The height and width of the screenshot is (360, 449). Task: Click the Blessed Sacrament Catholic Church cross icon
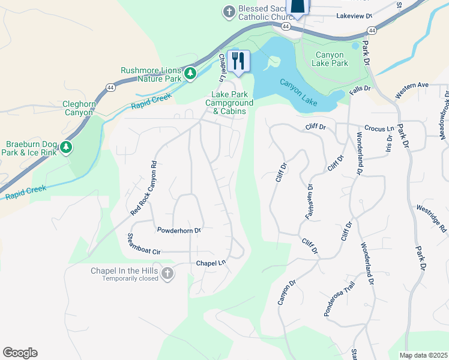pyautogui.click(x=229, y=11)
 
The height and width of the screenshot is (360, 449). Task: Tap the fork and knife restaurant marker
pyautogui.click(x=239, y=61)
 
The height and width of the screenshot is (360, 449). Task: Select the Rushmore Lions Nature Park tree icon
pyautogui.click(x=190, y=74)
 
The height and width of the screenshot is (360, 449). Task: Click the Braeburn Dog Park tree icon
pyautogui.click(x=66, y=147)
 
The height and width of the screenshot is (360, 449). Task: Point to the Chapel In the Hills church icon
pyautogui.click(x=167, y=274)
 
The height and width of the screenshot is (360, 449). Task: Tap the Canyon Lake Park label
pyautogui.click(x=331, y=59)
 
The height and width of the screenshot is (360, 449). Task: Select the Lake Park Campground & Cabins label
pyautogui.click(x=230, y=103)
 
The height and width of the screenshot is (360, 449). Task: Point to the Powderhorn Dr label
pyautogui.click(x=178, y=230)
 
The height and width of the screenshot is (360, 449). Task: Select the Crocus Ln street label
pyautogui.click(x=379, y=129)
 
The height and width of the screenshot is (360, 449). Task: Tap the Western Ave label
pyautogui.click(x=412, y=89)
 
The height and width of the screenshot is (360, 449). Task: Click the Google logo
pyautogui.click(x=20, y=353)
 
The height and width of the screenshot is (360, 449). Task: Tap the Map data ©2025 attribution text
pyautogui.click(x=423, y=355)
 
